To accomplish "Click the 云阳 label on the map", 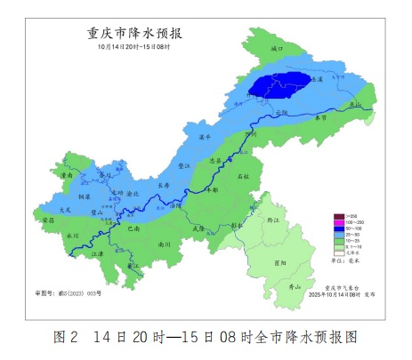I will pyautogui.click(x=283, y=112).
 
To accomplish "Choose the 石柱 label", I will pyautogui.click(x=243, y=178).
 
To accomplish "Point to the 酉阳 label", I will pyautogui.click(x=282, y=262).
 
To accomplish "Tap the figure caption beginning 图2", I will pyautogui.click(x=205, y=339).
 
